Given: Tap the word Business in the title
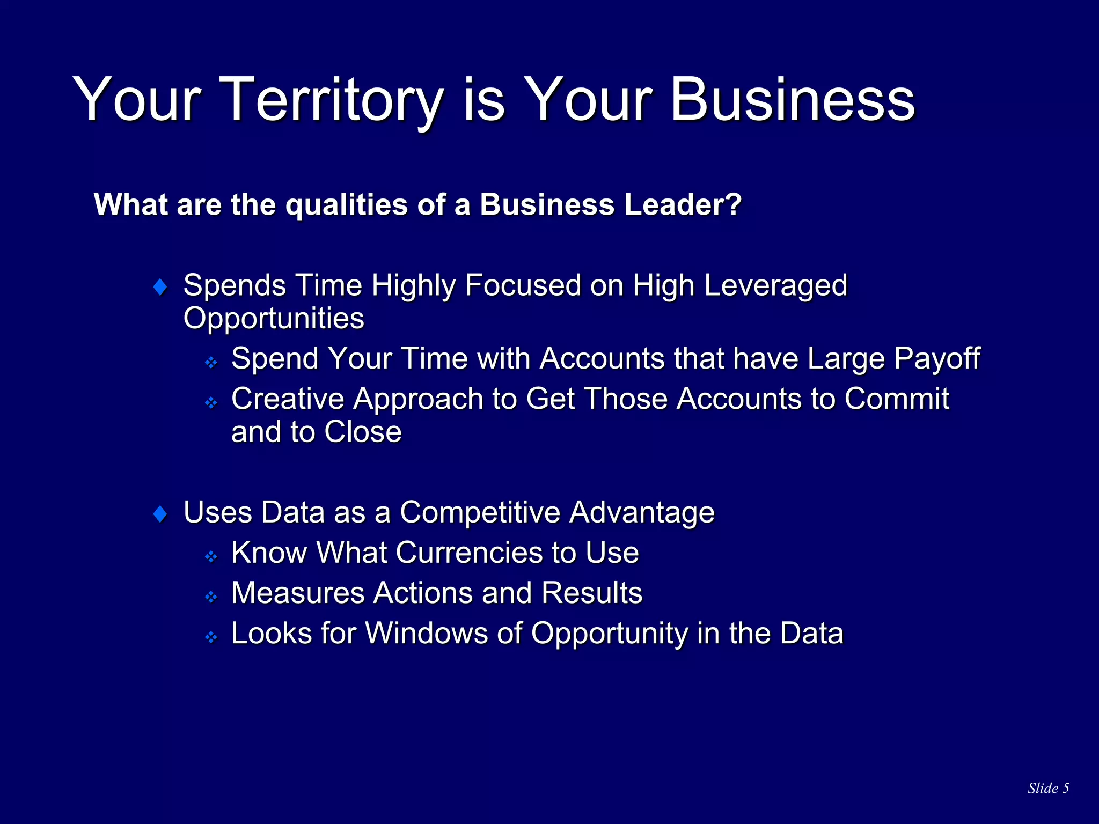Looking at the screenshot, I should point(792,100).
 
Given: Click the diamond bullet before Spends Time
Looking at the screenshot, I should point(160,286).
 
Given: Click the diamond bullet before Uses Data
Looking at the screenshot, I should point(160,514).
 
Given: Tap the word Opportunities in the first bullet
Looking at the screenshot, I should point(274,318).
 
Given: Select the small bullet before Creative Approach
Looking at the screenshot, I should point(211,402).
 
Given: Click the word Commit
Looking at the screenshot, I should point(897,399).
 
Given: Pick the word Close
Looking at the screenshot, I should point(363,432).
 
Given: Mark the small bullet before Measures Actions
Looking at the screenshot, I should point(211,597).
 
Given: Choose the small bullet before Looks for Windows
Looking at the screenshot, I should point(211,637).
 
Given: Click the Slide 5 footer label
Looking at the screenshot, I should point(1048,788).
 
